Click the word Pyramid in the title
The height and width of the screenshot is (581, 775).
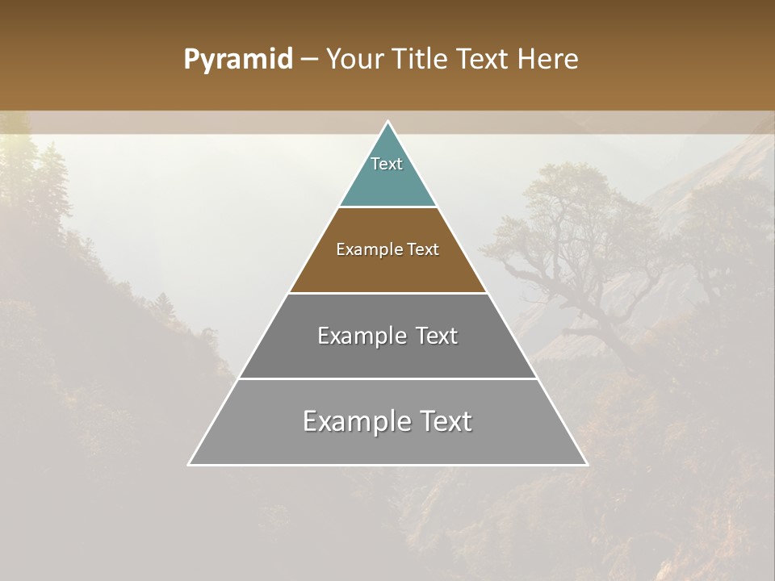tap(238, 60)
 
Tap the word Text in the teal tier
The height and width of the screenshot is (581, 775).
tap(387, 164)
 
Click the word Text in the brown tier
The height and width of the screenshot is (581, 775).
tap(423, 249)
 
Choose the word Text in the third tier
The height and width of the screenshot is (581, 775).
tap(436, 336)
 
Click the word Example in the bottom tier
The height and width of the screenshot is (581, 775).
tap(353, 421)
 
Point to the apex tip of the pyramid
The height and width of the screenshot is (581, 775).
tap(387, 123)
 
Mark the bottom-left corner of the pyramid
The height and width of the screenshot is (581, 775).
tap(190, 464)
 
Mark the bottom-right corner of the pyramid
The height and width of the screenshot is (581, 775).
tap(586, 464)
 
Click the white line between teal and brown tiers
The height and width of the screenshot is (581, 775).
tap(387, 207)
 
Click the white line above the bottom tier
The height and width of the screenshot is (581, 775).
tap(387, 378)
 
